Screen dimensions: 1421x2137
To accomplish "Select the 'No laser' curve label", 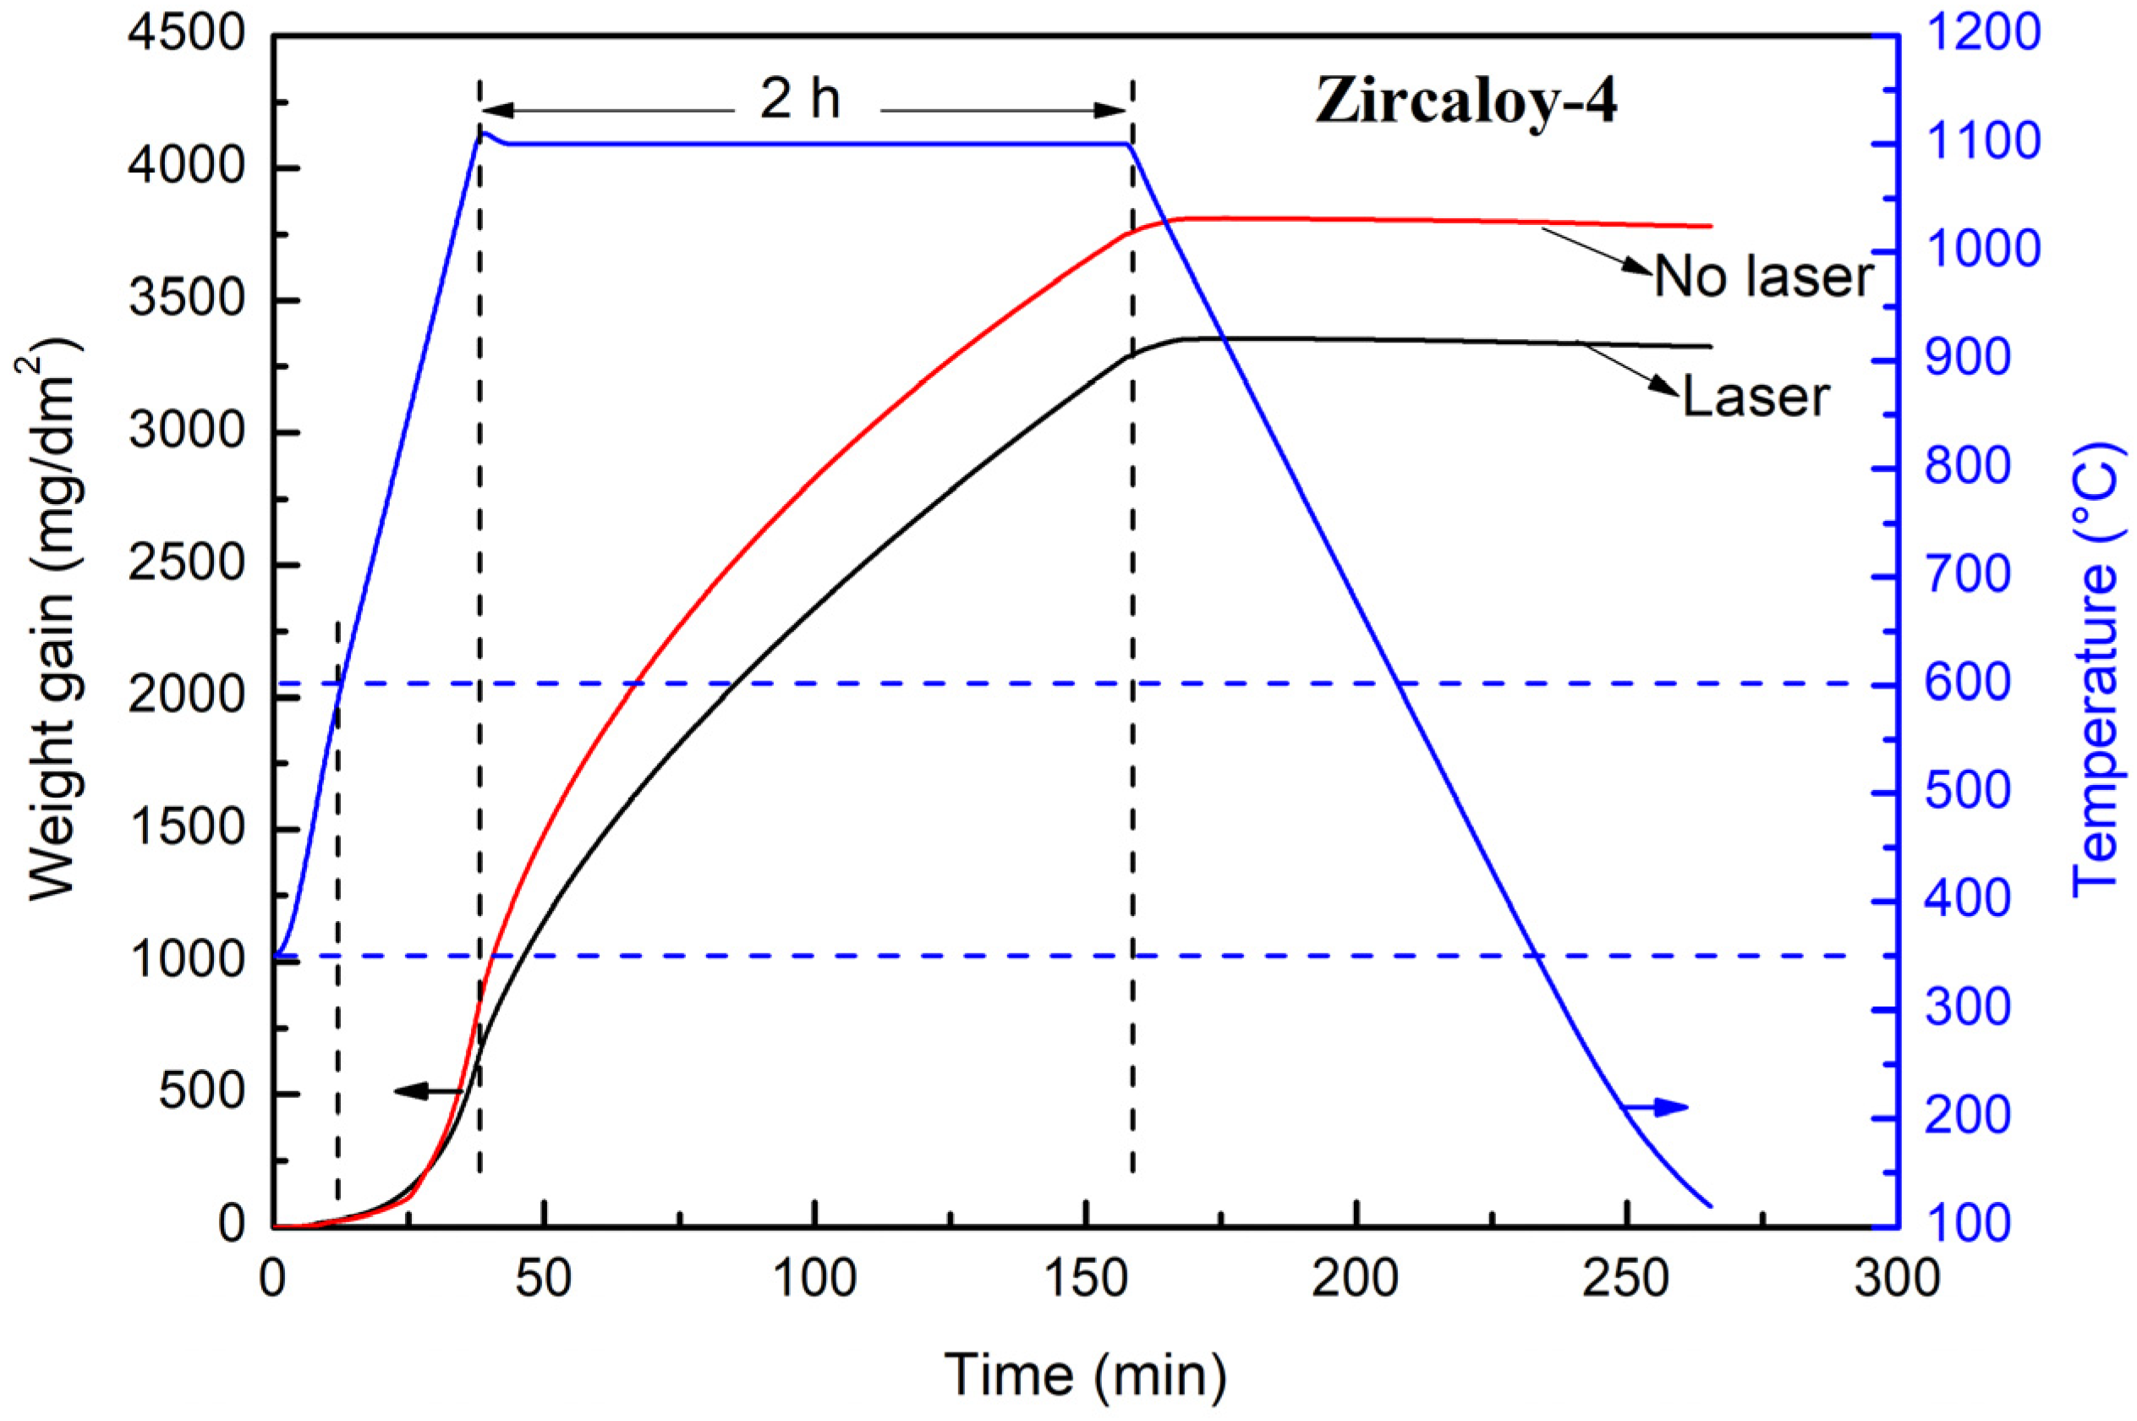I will coord(1763,276).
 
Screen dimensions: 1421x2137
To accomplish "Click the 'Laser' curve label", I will coord(1756,397).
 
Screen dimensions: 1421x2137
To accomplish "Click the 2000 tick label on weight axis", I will coord(187,698).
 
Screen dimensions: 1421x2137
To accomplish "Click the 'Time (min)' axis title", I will coord(1085,1374).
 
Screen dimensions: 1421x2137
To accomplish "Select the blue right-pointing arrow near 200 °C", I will coord(1654,1106).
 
